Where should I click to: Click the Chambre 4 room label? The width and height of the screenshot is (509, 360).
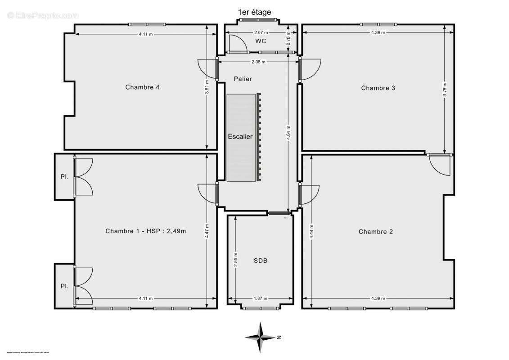click(x=142, y=87)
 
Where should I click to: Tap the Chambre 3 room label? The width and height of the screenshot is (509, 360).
click(x=378, y=88)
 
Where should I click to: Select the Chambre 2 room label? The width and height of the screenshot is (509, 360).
click(x=375, y=232)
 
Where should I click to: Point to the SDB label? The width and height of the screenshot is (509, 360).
click(x=260, y=261)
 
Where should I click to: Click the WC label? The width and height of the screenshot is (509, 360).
click(x=261, y=41)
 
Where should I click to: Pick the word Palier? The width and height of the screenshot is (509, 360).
click(x=243, y=79)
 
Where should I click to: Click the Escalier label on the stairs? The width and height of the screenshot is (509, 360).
click(x=240, y=136)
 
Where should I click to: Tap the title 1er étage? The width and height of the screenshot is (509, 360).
click(x=254, y=12)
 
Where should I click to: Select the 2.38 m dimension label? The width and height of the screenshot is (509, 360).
click(x=257, y=62)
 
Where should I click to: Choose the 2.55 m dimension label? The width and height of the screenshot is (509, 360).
click(x=235, y=260)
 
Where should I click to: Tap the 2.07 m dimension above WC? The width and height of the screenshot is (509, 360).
click(x=261, y=32)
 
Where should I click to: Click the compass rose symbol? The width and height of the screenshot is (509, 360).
click(x=261, y=337)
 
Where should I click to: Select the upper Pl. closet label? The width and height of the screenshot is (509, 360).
click(x=64, y=177)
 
